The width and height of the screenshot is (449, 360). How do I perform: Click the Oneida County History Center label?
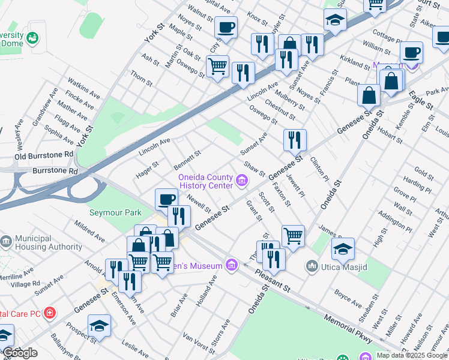pos(205,181)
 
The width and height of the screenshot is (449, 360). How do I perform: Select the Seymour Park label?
pos(115,212)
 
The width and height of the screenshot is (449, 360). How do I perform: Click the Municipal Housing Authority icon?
pos(6,242)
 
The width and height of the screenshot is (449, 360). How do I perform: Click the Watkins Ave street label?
pos(83,88)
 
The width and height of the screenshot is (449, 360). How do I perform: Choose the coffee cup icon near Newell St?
pos(166,199)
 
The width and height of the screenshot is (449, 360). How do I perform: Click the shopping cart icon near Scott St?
pos(293,235)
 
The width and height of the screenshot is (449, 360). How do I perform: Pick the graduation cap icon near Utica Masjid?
pos(343,248)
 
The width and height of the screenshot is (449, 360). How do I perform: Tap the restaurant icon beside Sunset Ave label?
pos(295,140)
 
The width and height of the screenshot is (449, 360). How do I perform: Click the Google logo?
pos(20,353)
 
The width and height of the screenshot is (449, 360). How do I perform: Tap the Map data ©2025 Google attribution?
pos(412,355)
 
